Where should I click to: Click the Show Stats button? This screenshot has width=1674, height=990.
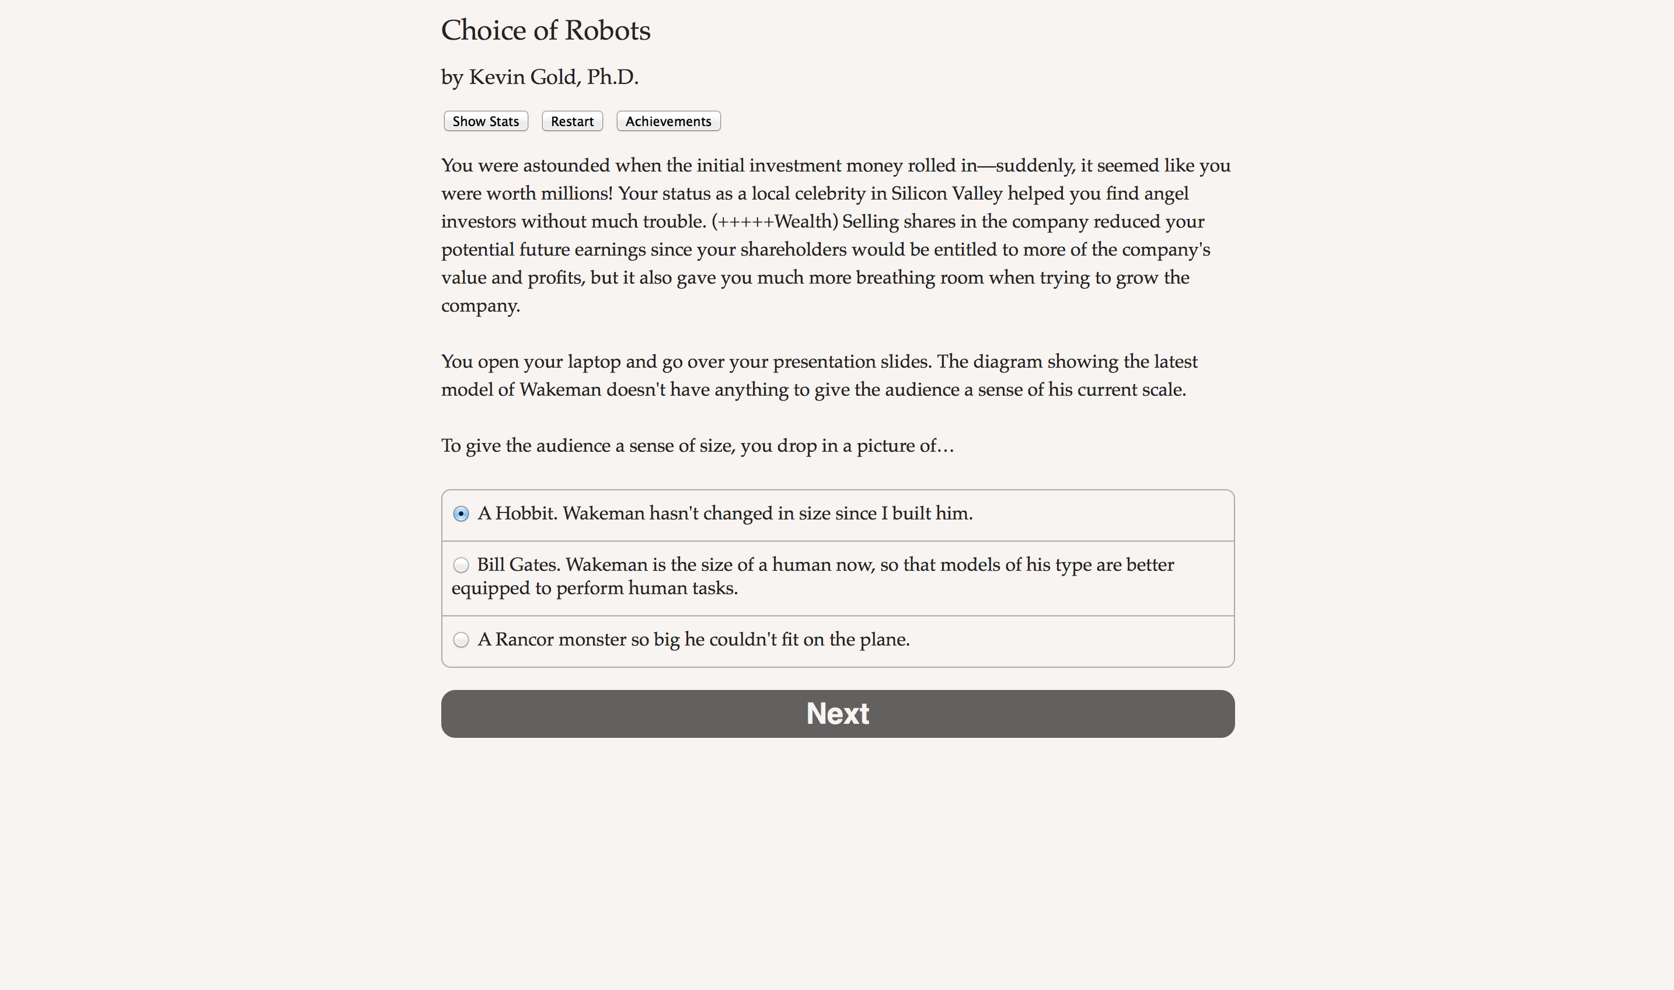pyautogui.click(x=486, y=121)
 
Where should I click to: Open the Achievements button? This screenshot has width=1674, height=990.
pyautogui.click(x=668, y=121)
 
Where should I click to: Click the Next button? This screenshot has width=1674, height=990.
pyautogui.click(x=838, y=714)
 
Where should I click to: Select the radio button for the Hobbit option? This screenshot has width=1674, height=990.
pyautogui.click(x=461, y=514)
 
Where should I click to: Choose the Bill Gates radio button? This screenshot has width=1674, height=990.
pyautogui.click(x=461, y=565)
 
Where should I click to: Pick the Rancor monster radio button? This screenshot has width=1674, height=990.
pyautogui.click(x=461, y=640)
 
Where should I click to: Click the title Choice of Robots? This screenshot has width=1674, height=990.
pyautogui.click(x=546, y=31)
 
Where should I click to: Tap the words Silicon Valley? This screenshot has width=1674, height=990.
pyautogui.click(x=946, y=193)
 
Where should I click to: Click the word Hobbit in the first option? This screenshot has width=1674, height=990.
pyautogui.click(x=525, y=513)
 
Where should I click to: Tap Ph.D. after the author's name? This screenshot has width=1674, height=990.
pyautogui.click(x=612, y=78)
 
